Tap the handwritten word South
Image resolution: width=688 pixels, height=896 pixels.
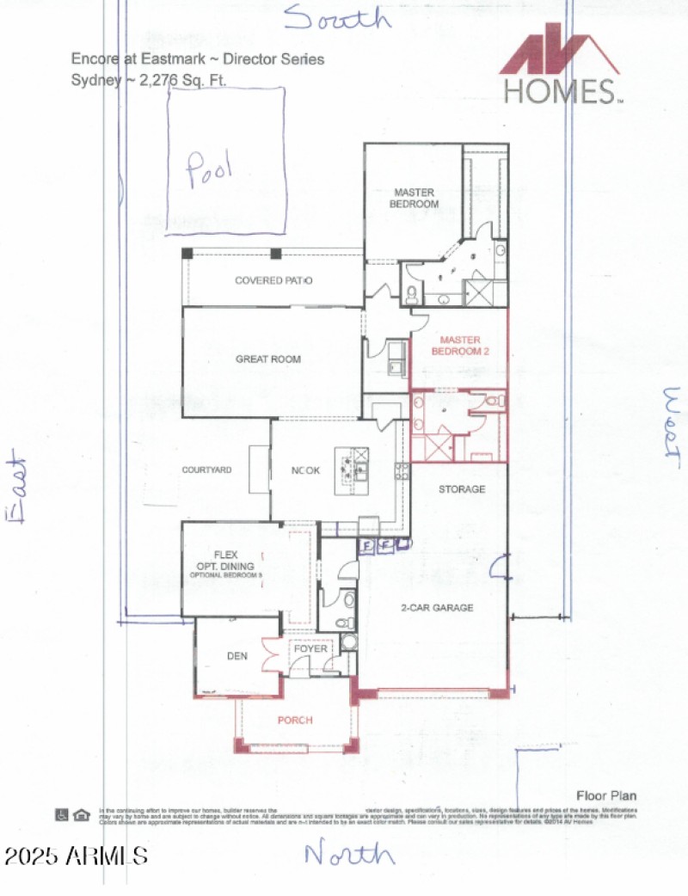point(337,18)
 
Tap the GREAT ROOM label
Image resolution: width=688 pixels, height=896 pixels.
point(268,359)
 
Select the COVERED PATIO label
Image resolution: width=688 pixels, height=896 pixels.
point(273,281)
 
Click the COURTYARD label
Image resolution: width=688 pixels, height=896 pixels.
point(206,470)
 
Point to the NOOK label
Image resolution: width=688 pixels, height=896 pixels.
point(305,470)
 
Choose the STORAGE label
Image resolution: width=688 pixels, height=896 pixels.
point(462,489)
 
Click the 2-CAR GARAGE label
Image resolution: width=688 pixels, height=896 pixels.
point(437,608)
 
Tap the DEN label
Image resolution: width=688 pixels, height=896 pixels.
point(237,656)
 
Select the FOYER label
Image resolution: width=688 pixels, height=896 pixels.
point(310,649)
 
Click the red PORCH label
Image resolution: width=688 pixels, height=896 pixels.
point(295,720)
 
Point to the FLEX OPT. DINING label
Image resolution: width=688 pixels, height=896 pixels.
point(225,560)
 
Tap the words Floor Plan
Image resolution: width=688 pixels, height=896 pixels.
point(606,795)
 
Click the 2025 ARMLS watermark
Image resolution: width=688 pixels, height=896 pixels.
point(76,856)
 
